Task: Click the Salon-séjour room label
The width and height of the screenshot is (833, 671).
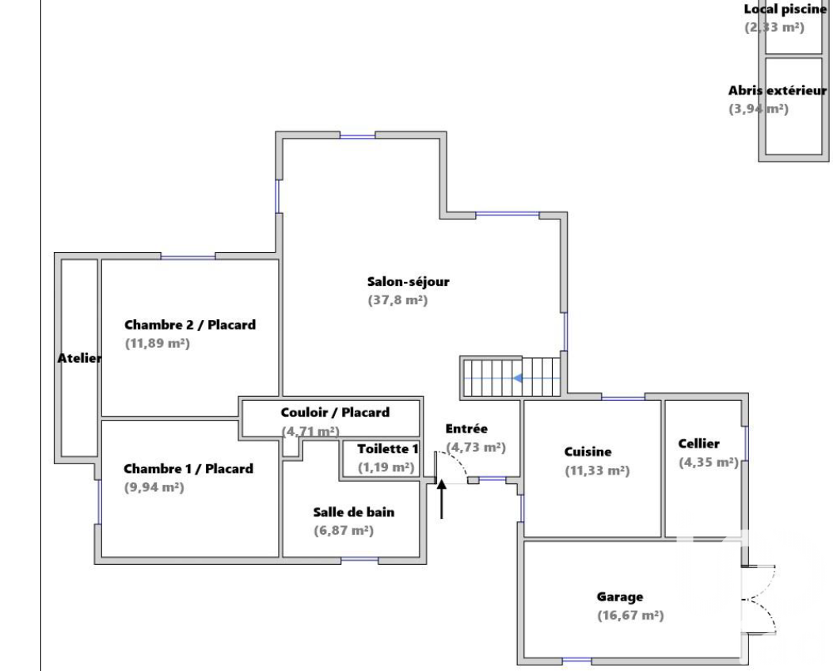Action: [x=408, y=282]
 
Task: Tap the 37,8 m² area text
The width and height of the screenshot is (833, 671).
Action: [x=397, y=300]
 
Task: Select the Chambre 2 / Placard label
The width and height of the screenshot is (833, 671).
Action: [x=190, y=325]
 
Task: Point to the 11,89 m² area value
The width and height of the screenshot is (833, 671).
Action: [x=158, y=343]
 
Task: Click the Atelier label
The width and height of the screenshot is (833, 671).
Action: [x=79, y=358]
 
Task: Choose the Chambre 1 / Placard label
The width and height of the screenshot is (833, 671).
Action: [x=188, y=469]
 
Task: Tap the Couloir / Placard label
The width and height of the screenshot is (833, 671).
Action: [x=335, y=413]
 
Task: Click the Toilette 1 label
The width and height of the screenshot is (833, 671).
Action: [x=388, y=448]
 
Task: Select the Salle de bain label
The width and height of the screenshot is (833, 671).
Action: [x=353, y=512]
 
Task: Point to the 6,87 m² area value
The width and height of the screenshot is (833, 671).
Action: [x=344, y=531]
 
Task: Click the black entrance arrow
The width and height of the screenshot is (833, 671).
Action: [x=442, y=499]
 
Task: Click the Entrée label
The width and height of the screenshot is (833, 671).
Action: [x=466, y=429]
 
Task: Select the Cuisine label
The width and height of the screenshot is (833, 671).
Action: [x=588, y=452]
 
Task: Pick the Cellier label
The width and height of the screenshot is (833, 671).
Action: [x=698, y=444]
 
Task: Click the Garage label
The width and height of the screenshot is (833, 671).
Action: [x=619, y=597]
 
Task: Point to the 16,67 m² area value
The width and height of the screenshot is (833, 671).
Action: [x=630, y=616]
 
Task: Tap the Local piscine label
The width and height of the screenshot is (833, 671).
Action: [x=785, y=9]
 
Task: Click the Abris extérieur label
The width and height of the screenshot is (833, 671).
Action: [x=778, y=90]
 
